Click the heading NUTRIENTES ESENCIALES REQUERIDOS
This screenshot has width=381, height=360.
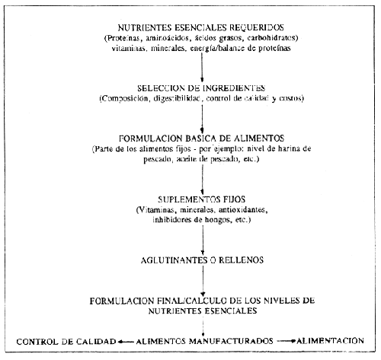tap(202, 24)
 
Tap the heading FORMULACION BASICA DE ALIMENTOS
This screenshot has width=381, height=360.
tap(201, 137)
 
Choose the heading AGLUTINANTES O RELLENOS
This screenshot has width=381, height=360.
tap(201, 260)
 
